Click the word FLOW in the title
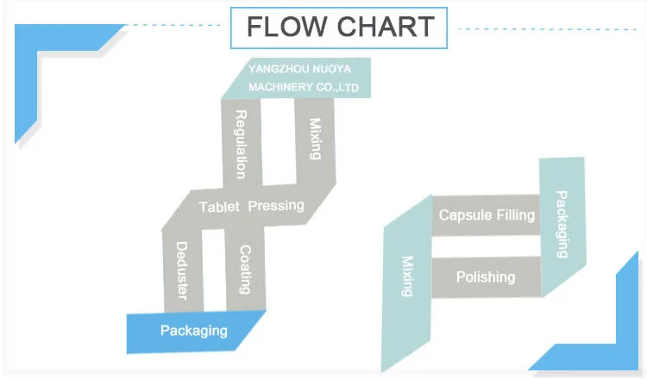(286, 27)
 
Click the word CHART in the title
(386, 27)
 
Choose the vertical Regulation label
(241, 144)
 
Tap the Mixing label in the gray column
(315, 139)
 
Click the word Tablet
(219, 207)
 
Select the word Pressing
(276, 206)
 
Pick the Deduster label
(182, 271)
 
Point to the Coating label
(245, 270)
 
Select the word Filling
(516, 214)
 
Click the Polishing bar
(486, 276)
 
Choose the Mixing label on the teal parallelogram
(408, 276)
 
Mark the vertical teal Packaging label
(562, 224)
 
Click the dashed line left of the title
(173, 25)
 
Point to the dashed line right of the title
(548, 29)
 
